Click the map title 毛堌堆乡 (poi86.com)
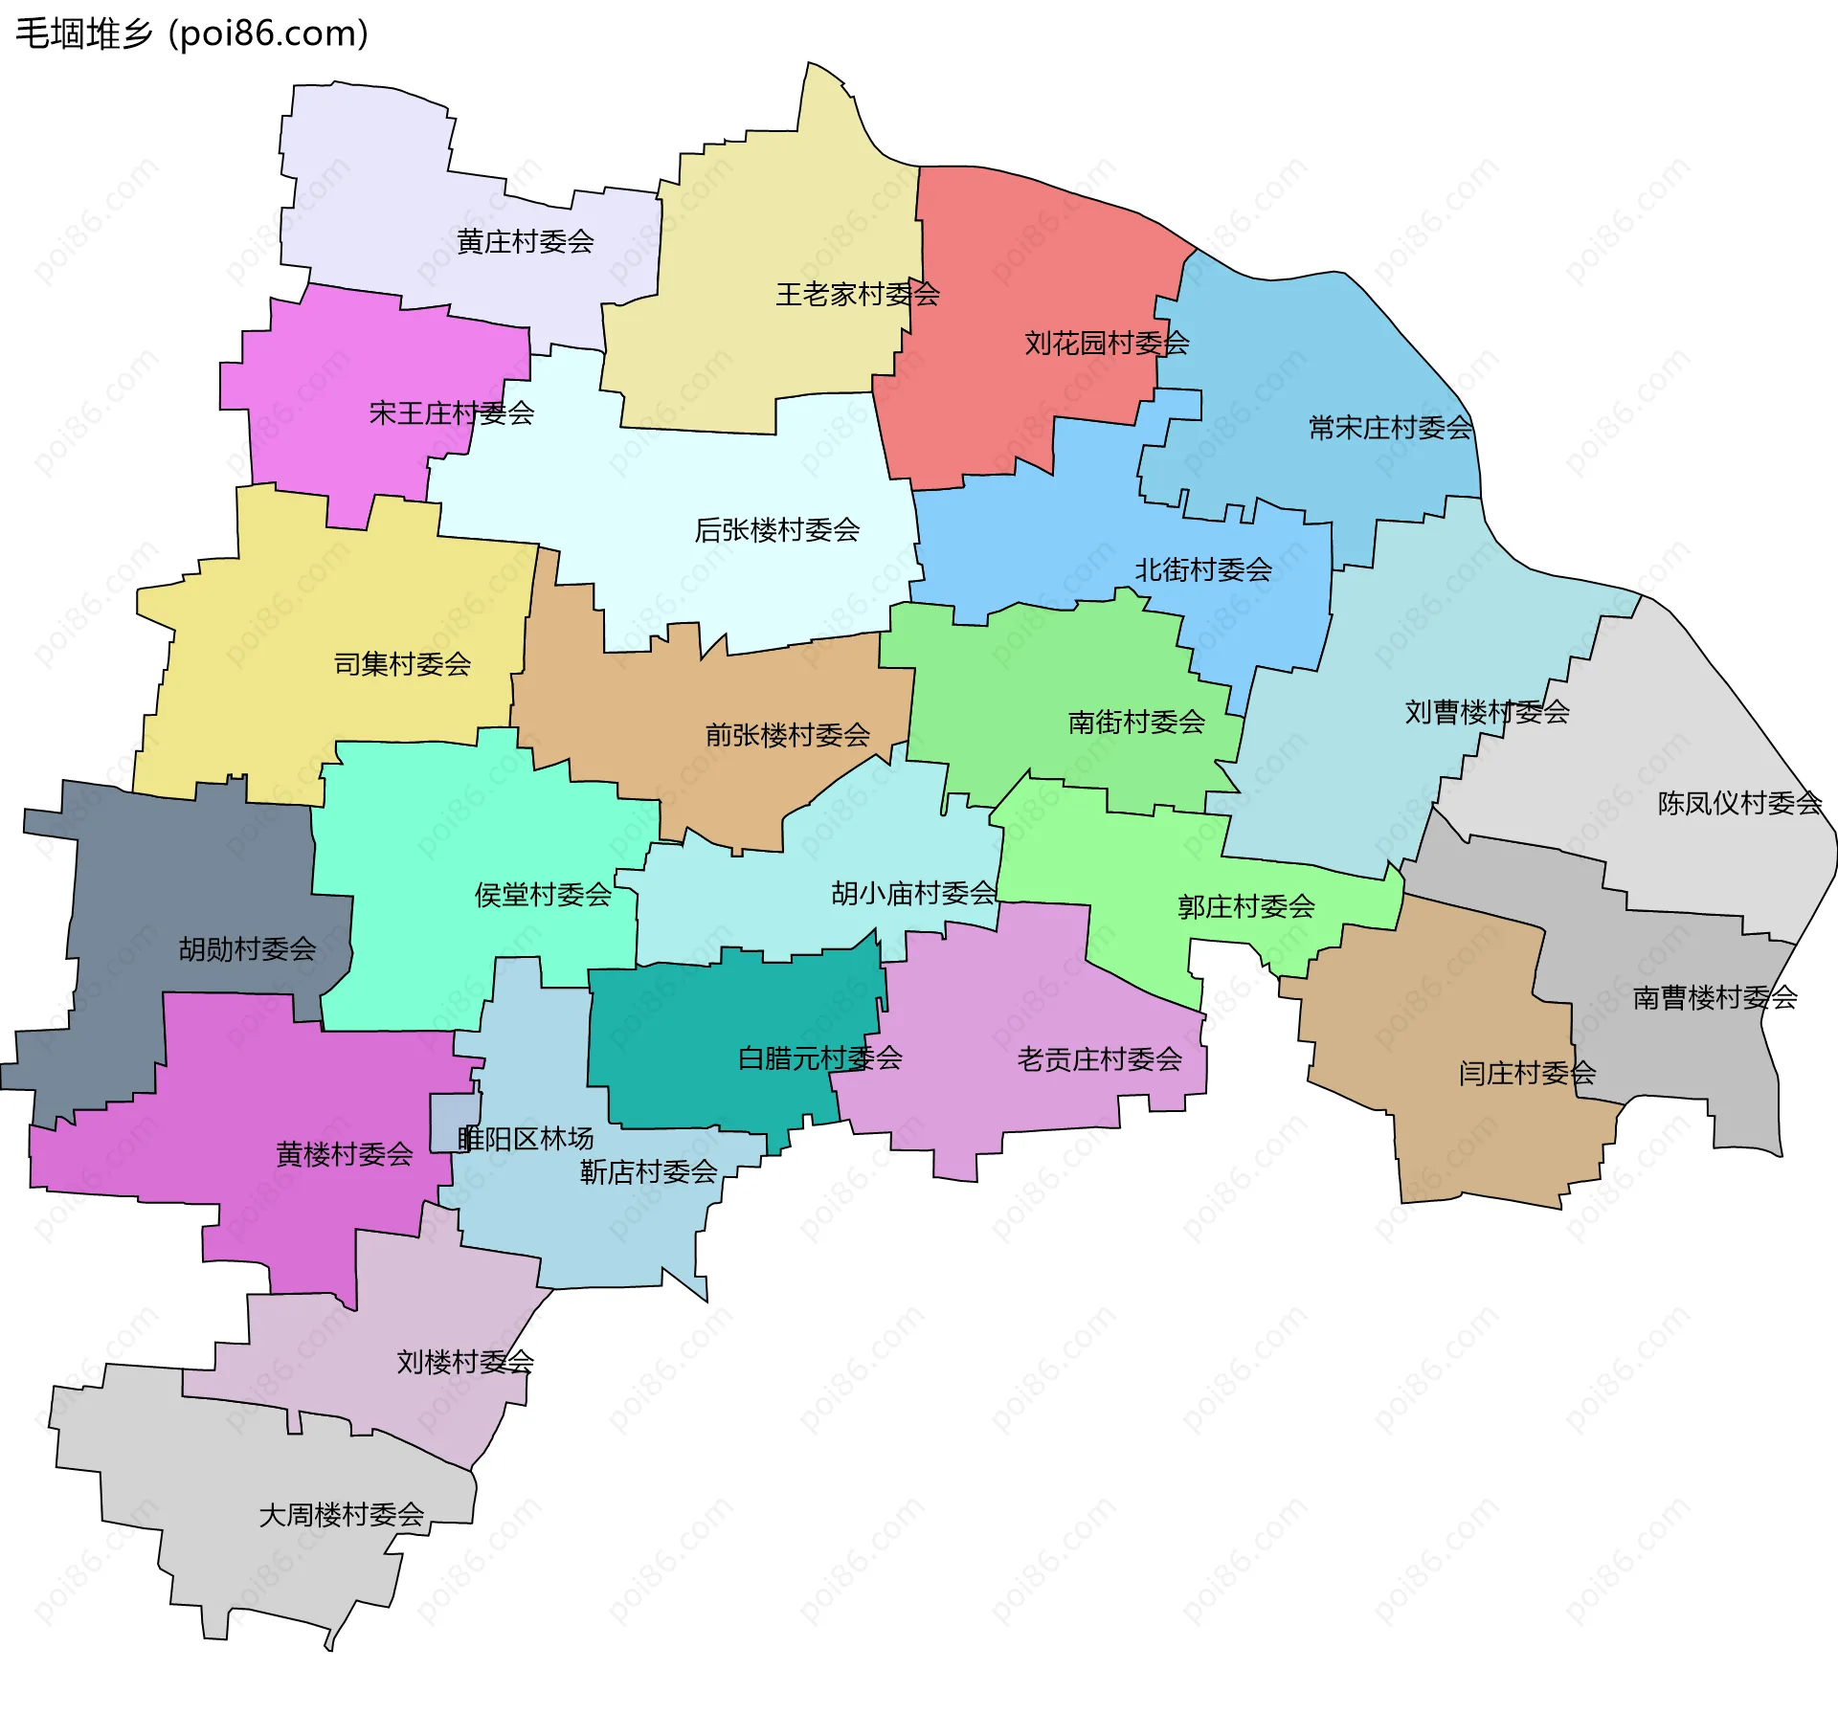pyautogui.click(x=191, y=33)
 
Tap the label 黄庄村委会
pyautogui.click(x=525, y=241)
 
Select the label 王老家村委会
pyautogui.click(x=857, y=294)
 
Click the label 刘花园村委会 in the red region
pyautogui.click(x=1106, y=343)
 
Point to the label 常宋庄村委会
pyautogui.click(x=1390, y=427)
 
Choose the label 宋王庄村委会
pyautogui.click(x=451, y=412)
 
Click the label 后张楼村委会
pyautogui.click(x=776, y=529)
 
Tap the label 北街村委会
pyautogui.click(x=1202, y=569)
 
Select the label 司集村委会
pyautogui.click(x=402, y=663)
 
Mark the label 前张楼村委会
pyautogui.click(x=787, y=734)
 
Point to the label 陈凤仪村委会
pyautogui.click(x=1738, y=802)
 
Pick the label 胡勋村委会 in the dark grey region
pyautogui.click(x=247, y=948)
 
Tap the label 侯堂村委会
pyautogui.click(x=543, y=894)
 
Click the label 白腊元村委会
pyautogui.click(x=819, y=1057)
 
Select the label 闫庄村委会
pyautogui.click(x=1527, y=1073)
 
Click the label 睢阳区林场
pyautogui.click(x=526, y=1138)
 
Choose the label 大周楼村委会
pyautogui.click(x=341, y=1514)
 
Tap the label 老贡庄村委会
pyautogui.click(x=1099, y=1058)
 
